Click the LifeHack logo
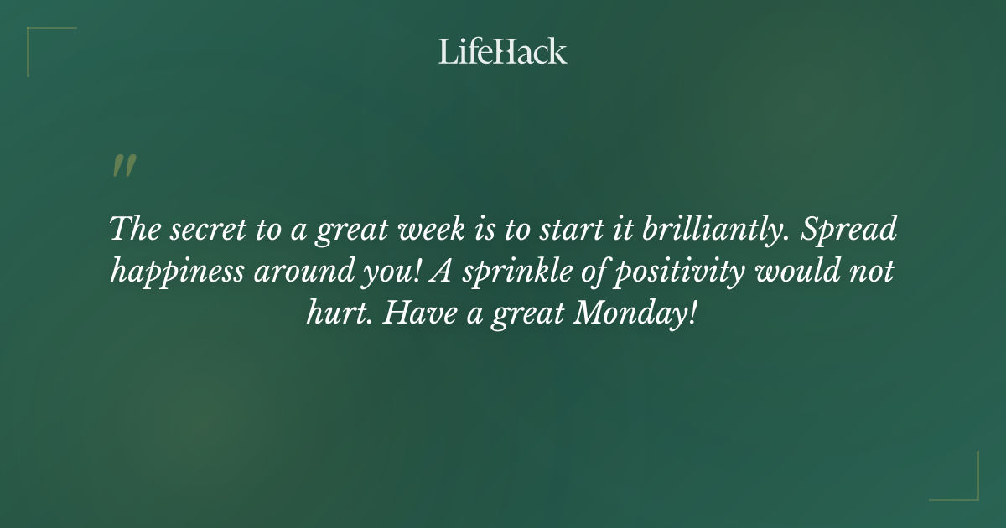[503, 51]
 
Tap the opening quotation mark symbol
[123, 166]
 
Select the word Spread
[849, 230]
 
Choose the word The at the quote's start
[133, 230]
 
